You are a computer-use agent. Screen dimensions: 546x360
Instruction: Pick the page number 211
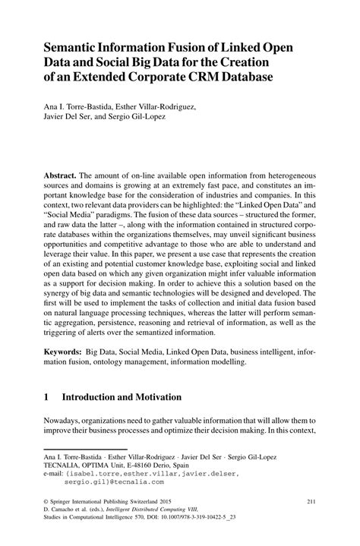[x=309, y=502]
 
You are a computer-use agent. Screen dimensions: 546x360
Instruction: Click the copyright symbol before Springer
[x=47, y=502]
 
